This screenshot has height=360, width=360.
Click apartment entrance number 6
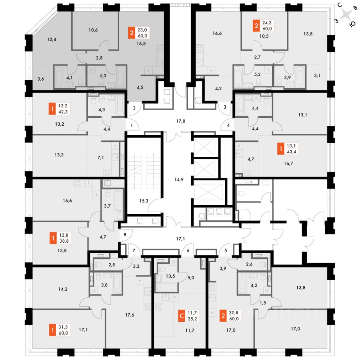[x=188, y=251]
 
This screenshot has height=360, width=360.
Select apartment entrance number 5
[x=226, y=251]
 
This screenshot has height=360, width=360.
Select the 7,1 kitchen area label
[x=100, y=157]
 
